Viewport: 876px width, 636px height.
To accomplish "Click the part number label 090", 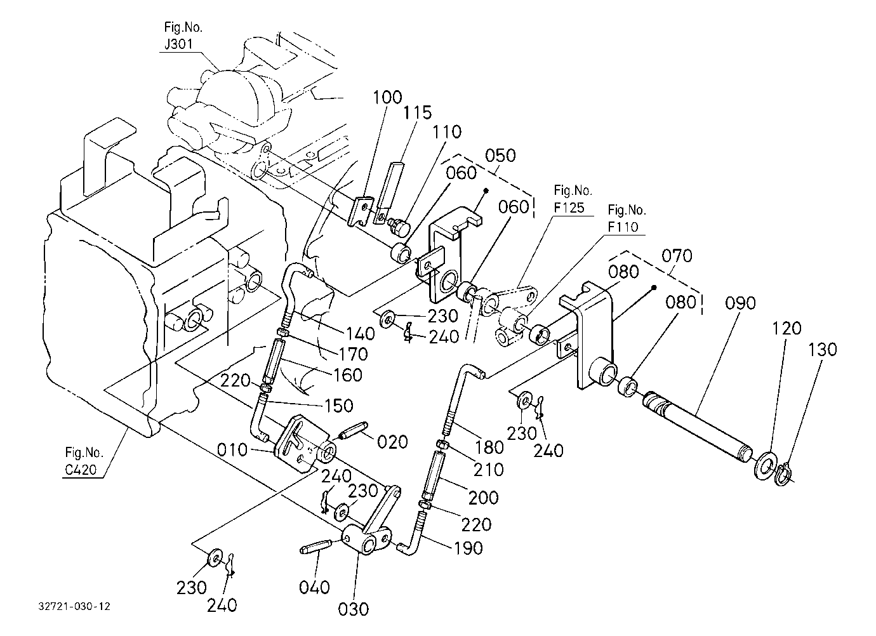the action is [740, 303].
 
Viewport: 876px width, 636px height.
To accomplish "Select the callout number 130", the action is [822, 350].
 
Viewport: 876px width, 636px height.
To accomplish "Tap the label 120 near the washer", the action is [786, 328].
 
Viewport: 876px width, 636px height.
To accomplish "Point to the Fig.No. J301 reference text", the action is [182, 36].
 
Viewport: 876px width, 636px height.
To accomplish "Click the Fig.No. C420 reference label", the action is [83, 461].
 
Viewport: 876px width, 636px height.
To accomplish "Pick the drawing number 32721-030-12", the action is [74, 607].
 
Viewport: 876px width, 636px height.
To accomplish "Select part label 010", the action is [232, 450].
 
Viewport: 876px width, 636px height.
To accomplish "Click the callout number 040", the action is [314, 588].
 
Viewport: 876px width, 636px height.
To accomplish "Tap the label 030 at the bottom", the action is [353, 609].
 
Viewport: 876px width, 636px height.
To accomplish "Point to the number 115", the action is [417, 112].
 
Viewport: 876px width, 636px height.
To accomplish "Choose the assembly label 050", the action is [500, 156].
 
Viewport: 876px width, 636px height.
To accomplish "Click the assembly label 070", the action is [677, 256].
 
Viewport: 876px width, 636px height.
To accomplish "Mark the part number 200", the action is [483, 498].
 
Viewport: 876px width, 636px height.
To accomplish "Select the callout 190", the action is [468, 548].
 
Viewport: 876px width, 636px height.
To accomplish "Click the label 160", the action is [348, 375].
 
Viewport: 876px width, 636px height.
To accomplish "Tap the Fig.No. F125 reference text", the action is [573, 199].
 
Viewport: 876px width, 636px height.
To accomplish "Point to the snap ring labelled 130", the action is [782, 474].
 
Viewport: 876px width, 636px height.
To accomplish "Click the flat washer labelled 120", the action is [764, 467].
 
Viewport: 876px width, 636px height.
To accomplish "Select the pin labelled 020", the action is [354, 430].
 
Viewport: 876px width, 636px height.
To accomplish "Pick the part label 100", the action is [387, 97].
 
